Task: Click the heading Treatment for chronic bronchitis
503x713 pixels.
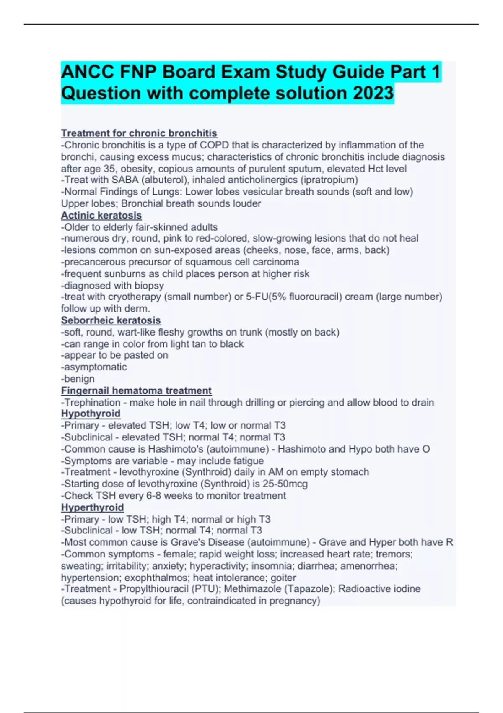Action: [139, 133]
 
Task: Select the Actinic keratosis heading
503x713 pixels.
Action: [101, 215]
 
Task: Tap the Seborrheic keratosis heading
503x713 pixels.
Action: [111, 320]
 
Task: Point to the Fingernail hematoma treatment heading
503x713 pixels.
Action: [136, 390]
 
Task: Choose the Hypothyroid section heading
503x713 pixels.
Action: [91, 414]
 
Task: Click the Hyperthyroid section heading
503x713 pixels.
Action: [92, 507]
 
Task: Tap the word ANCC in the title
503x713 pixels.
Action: [87, 72]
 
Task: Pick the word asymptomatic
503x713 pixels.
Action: [95, 367]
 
